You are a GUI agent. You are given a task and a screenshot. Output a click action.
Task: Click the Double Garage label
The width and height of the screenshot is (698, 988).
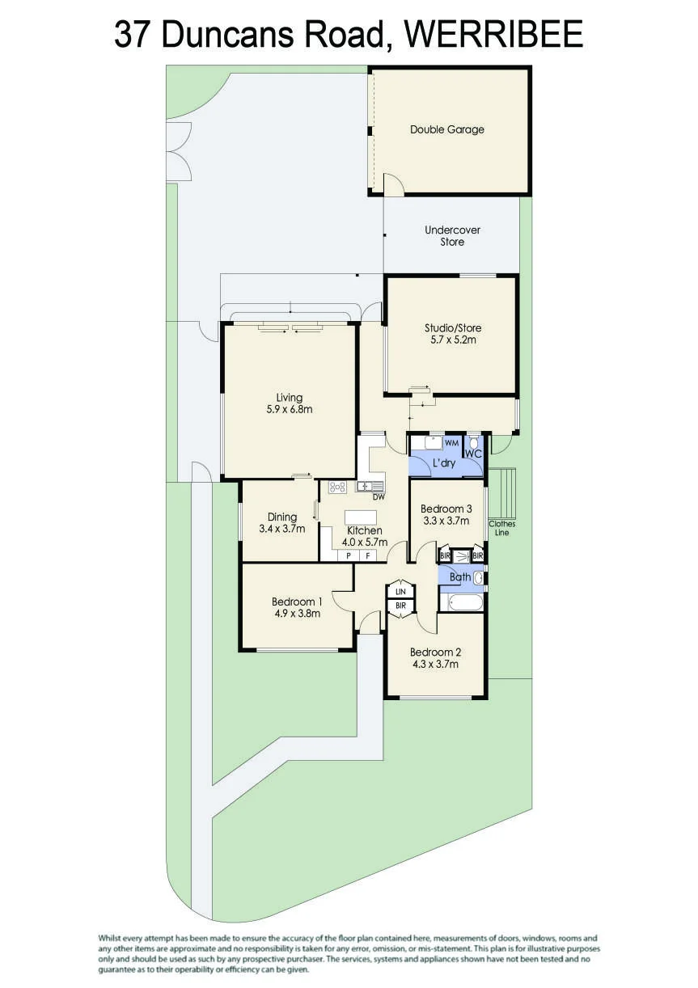tap(447, 129)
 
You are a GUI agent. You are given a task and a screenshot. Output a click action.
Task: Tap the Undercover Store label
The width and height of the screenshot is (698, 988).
tap(452, 235)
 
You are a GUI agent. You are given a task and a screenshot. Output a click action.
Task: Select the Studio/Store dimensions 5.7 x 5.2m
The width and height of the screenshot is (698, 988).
tap(453, 340)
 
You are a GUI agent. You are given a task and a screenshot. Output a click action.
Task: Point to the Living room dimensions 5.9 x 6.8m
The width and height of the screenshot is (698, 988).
tap(289, 409)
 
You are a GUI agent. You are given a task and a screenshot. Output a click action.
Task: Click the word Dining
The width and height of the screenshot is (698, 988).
tap(282, 517)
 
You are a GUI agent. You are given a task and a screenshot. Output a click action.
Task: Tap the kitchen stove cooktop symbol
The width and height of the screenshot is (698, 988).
tap(337, 487)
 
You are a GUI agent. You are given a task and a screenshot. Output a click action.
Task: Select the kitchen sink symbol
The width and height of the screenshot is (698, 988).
tap(370, 487)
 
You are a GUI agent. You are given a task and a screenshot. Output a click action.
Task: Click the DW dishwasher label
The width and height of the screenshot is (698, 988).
tap(379, 497)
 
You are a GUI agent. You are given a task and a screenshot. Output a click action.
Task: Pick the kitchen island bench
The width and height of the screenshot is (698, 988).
tap(361, 517)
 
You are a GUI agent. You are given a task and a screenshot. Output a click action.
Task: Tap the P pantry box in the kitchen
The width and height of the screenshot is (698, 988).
tap(348, 556)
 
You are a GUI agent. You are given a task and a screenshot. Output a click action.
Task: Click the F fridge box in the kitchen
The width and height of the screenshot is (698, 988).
tap(367, 556)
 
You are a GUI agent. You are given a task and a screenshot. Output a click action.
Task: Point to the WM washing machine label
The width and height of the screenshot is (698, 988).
tap(451, 443)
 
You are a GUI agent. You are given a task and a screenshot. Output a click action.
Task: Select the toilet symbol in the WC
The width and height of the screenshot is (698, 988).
tap(474, 442)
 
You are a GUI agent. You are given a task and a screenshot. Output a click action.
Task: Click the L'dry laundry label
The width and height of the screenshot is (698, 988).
tap(443, 463)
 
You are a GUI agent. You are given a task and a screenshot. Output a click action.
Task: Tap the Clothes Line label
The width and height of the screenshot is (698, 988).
tap(501, 528)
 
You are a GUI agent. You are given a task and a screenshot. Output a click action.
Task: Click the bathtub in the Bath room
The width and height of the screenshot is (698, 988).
tap(461, 602)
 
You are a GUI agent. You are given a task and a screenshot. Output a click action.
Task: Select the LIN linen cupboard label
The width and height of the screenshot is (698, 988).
tap(400, 592)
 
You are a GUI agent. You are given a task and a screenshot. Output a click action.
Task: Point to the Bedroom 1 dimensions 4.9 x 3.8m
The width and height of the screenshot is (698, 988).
tap(297, 613)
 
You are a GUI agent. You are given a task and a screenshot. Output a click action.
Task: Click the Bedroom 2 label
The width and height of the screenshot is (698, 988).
tap(435, 652)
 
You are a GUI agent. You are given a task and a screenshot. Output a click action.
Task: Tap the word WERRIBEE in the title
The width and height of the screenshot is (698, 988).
tap(493, 35)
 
